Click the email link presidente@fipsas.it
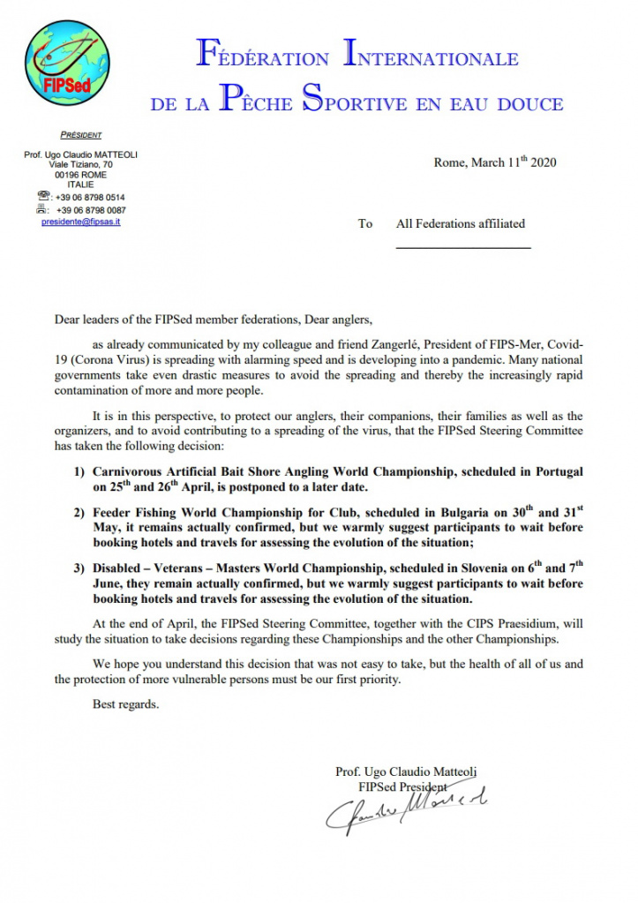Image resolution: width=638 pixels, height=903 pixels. (x=81, y=222)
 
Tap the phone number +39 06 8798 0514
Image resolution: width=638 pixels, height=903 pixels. (x=90, y=198)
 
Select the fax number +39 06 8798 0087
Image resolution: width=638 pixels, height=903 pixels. (x=91, y=210)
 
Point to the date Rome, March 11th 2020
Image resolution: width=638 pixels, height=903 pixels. (x=495, y=162)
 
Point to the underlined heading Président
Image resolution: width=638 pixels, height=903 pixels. (x=80, y=135)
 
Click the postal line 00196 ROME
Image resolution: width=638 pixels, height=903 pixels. (x=80, y=175)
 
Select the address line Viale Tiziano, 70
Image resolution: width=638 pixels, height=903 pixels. (x=80, y=165)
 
